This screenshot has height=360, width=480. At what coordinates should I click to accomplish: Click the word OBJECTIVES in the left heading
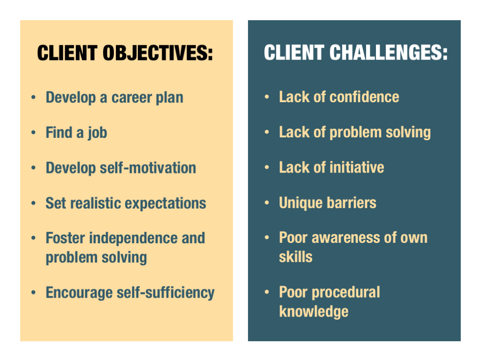157,53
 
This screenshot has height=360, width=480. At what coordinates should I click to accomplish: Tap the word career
132,98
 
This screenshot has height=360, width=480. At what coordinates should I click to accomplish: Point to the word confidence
364,97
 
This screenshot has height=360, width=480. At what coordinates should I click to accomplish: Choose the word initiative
357,168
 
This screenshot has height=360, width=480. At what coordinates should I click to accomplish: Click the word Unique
301,203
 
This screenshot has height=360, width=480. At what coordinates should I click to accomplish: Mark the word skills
296,257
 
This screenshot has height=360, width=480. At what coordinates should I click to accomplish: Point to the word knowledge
314,312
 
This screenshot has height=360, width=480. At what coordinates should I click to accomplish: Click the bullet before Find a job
33,133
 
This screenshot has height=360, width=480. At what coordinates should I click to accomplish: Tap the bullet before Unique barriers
267,202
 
